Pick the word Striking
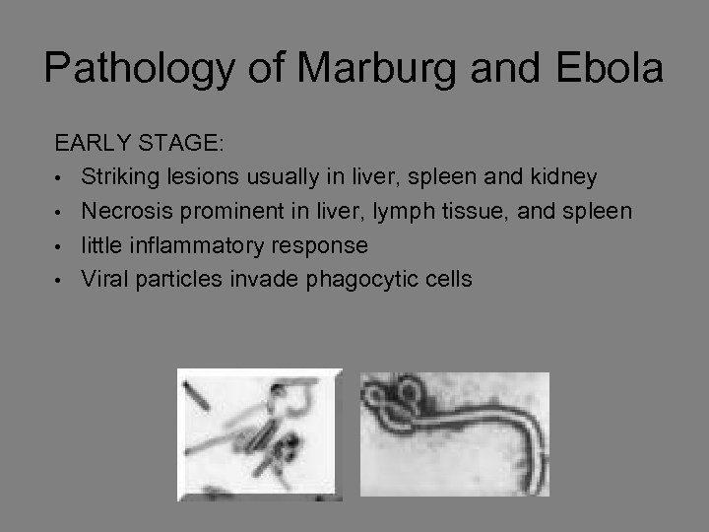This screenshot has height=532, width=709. [x=118, y=176]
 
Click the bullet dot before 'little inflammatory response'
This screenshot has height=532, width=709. [x=61, y=245]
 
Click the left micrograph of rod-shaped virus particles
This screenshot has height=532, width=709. [x=259, y=434]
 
